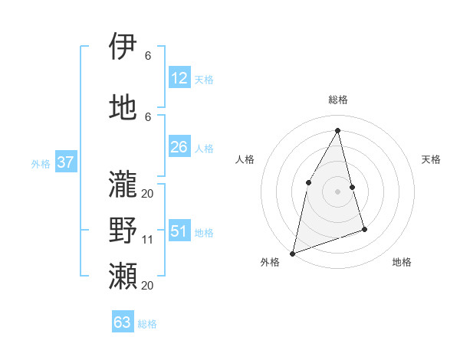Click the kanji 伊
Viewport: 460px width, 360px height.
[x=123, y=47]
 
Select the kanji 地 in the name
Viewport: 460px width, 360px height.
[x=123, y=108]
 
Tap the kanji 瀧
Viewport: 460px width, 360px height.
[x=123, y=184]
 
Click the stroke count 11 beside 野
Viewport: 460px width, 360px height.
[x=148, y=240]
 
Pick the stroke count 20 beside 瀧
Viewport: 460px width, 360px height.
[x=147, y=193]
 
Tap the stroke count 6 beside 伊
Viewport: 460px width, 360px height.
[x=148, y=56]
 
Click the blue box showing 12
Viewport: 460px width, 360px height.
[x=179, y=78]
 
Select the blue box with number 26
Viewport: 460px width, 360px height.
[x=179, y=147]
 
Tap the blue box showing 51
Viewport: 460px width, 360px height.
[x=179, y=231]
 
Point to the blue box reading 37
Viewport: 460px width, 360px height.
[x=65, y=162]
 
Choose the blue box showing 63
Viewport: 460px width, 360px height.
[x=123, y=322]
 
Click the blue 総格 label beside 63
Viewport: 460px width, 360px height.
[x=147, y=324]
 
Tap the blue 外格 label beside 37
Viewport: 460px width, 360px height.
[x=41, y=164]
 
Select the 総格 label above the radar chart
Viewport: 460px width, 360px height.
[x=337, y=100]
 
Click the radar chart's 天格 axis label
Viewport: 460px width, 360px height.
[x=431, y=159]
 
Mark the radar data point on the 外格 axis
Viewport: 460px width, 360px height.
[x=292, y=253]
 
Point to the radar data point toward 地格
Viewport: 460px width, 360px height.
[x=365, y=229]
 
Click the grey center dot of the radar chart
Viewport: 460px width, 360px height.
[x=337, y=191]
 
